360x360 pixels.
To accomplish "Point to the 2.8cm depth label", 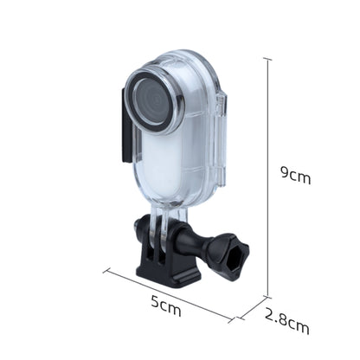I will (x=286, y=326).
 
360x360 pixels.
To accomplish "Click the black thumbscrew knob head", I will (x=232, y=256).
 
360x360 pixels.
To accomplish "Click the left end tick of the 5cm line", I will (x=106, y=270).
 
